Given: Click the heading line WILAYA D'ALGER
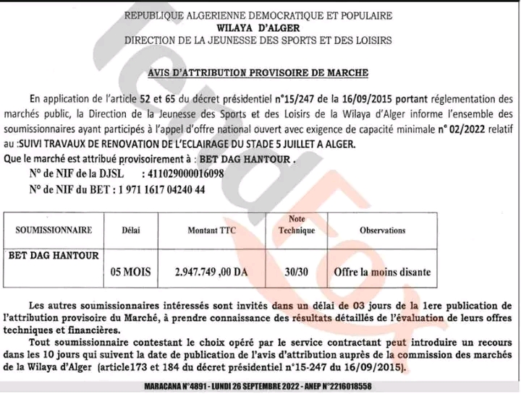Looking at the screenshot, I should click(258, 28).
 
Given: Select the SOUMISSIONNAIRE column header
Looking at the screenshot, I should click(56, 231).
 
